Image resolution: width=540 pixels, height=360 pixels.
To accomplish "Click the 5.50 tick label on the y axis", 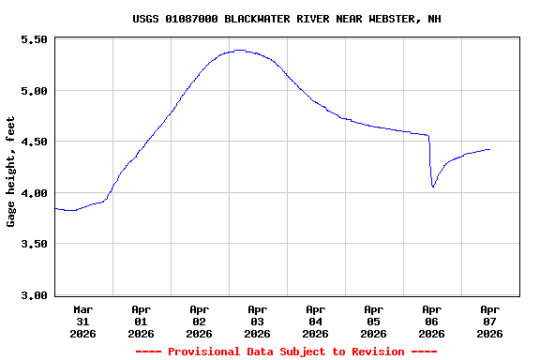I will (34, 40).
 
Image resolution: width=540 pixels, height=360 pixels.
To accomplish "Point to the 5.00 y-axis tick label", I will (34, 91).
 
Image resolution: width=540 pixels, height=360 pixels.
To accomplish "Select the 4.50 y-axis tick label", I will (34, 142).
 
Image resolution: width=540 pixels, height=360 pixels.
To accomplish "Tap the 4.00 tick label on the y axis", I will (34, 193).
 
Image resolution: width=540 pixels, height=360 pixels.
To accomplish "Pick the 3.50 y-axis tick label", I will (34, 245).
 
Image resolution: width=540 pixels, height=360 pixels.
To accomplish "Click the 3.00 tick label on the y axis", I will (34, 295).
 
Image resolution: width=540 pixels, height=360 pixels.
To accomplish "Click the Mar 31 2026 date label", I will (82, 321).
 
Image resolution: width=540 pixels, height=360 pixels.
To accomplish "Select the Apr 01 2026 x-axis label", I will (141, 321).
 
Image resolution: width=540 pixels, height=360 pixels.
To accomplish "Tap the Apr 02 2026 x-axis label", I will (199, 321).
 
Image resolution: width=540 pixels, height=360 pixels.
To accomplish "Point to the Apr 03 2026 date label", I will (257, 321).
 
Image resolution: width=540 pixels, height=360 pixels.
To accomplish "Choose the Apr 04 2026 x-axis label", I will (315, 321).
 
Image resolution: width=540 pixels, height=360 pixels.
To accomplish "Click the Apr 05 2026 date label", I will (373, 321).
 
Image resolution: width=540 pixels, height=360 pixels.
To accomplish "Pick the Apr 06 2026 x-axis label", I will (431, 321).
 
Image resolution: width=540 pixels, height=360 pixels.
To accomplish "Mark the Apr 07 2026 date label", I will (489, 321).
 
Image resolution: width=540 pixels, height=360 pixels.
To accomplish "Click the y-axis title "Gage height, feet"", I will (11, 172).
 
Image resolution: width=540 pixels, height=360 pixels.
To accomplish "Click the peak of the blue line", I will (240, 51).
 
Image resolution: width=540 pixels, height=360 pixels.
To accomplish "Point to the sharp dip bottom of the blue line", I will (433, 187).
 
